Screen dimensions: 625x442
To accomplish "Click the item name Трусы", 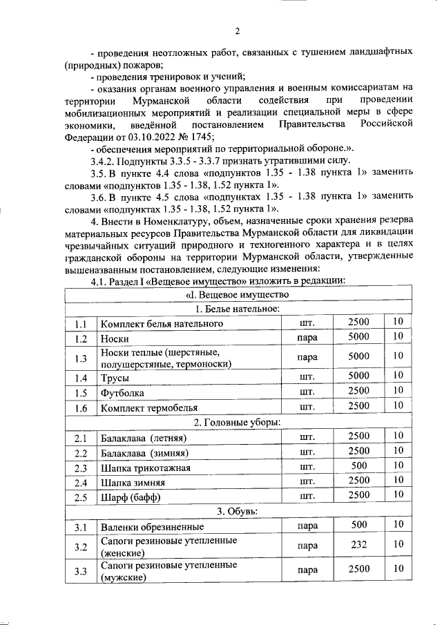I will pos(115,378).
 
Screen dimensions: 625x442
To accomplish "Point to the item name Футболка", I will pos(123,393).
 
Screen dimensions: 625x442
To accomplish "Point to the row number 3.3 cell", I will pos(81,571).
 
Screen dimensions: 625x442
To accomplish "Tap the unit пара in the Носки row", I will pos(307,338).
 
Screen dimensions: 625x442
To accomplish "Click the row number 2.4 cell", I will pos(81,482).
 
